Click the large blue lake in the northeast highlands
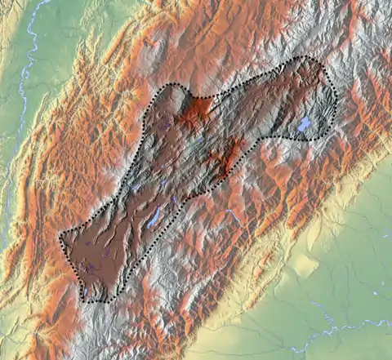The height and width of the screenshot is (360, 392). [x=304, y=125]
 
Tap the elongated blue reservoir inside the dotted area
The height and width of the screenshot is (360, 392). [x=154, y=217]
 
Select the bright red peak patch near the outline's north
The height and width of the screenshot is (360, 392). [x=197, y=113]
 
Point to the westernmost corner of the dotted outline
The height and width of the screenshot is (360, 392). [x=60, y=237]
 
